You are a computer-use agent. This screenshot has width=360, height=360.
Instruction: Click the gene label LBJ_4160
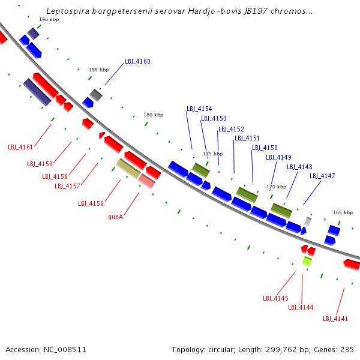137,62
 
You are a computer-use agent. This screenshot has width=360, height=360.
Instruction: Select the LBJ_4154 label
199,109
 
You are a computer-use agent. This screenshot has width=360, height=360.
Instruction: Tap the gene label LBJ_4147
322,176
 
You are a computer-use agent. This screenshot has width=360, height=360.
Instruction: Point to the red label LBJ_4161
20,147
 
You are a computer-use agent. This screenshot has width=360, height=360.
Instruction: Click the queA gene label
116,217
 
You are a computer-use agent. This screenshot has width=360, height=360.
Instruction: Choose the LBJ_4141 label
335,319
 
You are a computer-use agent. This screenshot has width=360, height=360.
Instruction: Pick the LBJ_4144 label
301,307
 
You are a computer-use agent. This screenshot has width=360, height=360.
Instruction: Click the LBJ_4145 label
275,298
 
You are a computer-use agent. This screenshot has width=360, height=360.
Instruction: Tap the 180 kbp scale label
153,115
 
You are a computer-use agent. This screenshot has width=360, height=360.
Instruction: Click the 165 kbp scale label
343,212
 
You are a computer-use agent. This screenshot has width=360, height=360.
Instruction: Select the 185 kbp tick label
98,70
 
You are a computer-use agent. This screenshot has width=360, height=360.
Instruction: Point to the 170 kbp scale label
276,187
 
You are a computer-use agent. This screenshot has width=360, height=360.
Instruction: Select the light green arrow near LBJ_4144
307,261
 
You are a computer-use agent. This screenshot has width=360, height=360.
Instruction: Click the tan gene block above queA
128,168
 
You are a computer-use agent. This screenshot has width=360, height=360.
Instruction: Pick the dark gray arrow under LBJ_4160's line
96,95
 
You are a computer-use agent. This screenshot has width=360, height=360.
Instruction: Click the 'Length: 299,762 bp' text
267,349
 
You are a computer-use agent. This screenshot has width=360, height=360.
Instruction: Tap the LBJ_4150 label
265,148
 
